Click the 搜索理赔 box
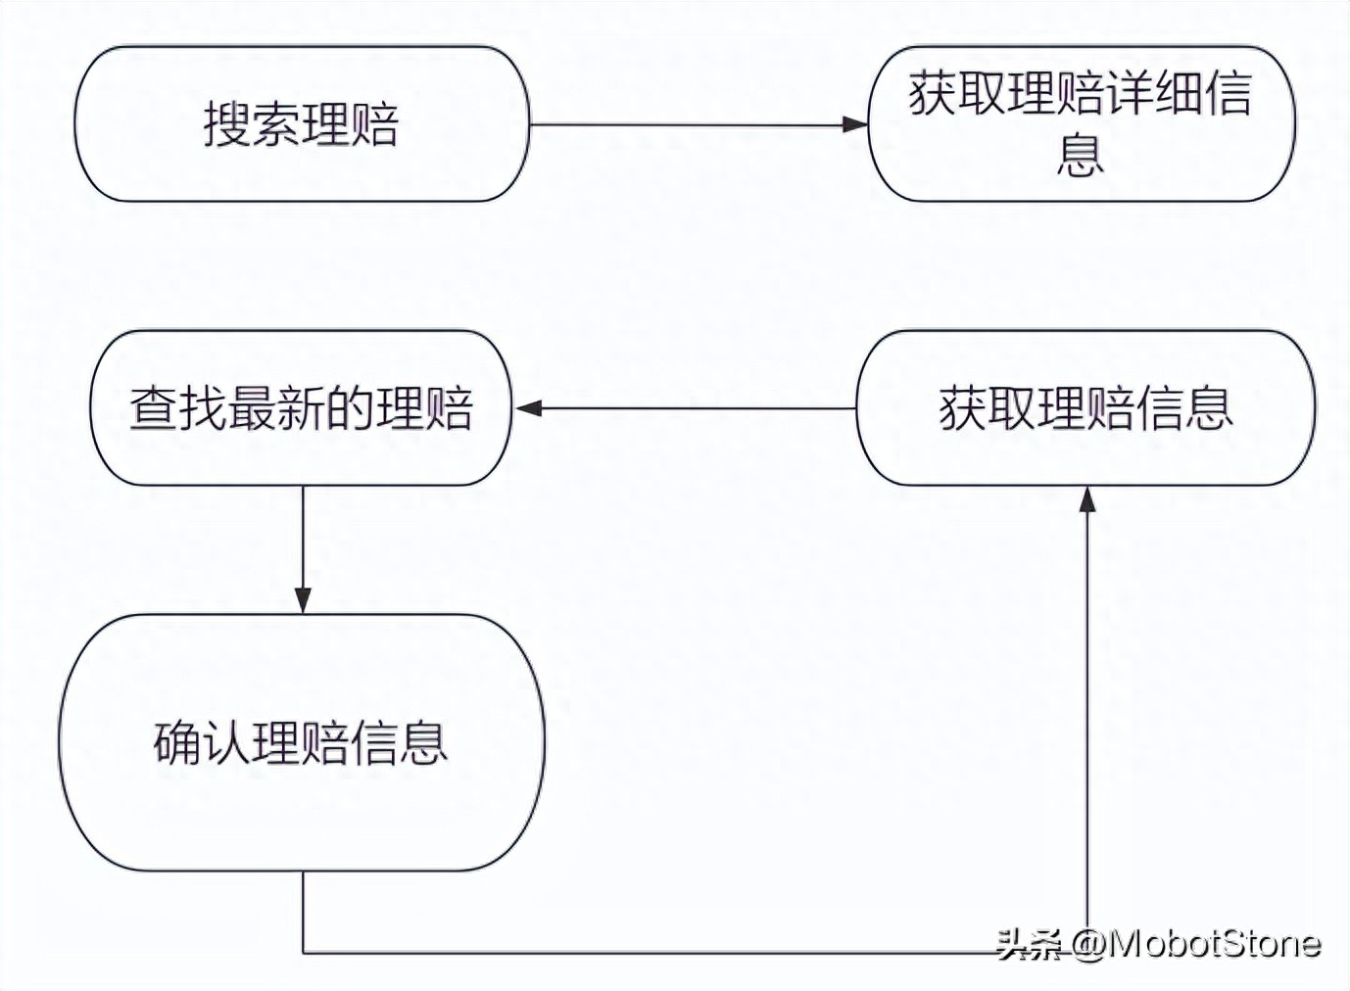click(302, 124)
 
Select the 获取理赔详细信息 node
click(1081, 124)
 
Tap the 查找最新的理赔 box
click(301, 408)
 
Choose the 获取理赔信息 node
click(1085, 408)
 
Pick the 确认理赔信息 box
click(302, 742)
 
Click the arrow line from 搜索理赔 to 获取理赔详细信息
click(686, 124)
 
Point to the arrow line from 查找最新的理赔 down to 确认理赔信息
click(303, 539)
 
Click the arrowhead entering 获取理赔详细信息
click(855, 124)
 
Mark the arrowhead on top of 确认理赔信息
click(303, 600)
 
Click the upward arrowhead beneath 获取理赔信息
click(1086, 499)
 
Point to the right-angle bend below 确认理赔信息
click(303, 952)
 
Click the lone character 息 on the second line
click(1080, 155)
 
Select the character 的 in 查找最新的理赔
click(351, 408)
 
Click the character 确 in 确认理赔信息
click(177, 742)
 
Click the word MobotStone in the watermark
click(1215, 943)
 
